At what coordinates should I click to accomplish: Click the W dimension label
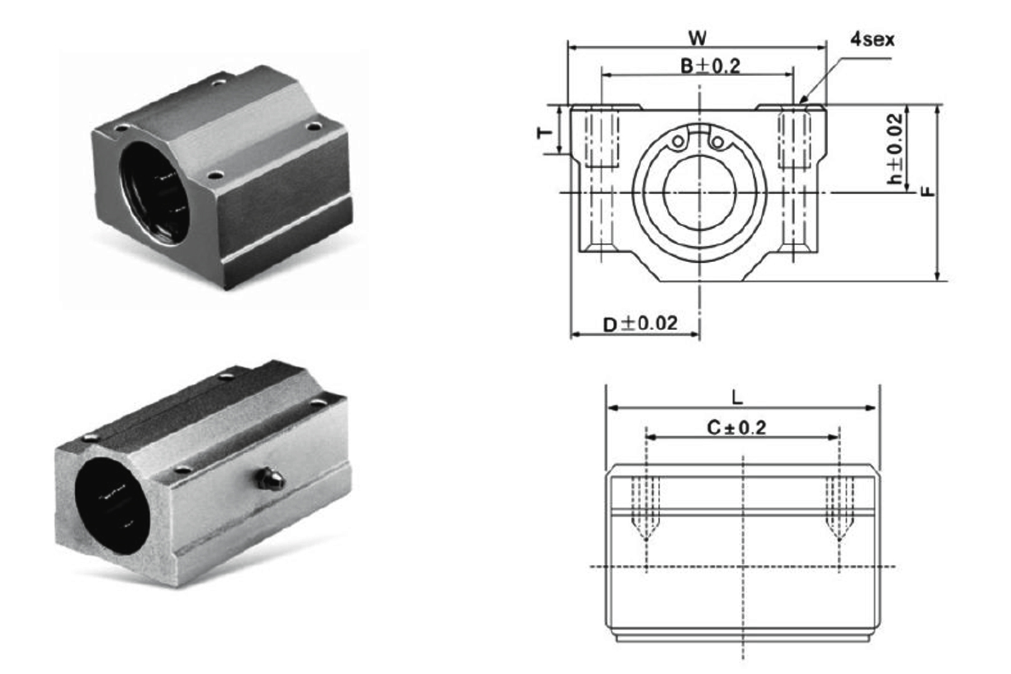(697, 38)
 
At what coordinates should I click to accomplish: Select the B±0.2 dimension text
(710, 66)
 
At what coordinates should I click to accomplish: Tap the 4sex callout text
(872, 40)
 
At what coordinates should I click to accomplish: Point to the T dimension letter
(545, 133)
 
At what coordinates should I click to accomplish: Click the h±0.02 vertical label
(896, 150)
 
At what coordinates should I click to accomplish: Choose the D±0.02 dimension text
(640, 324)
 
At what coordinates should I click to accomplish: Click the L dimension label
(736, 398)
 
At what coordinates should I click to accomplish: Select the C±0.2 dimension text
(736, 427)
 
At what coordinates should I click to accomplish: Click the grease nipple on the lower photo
(269, 479)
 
